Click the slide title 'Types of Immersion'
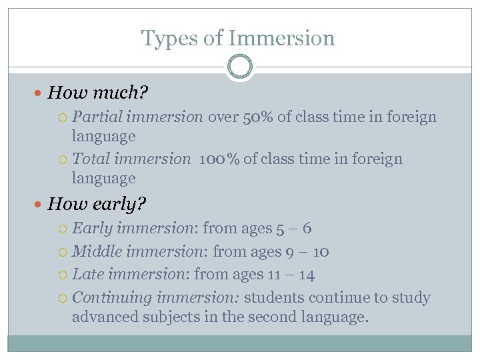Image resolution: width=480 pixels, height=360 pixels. coord(238,38)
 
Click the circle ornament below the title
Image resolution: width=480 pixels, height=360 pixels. coord(240,67)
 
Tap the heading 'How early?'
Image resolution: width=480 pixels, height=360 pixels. coord(97,203)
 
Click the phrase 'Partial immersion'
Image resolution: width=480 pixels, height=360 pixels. coord(137,117)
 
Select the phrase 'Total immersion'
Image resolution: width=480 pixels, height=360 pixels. coord(131,159)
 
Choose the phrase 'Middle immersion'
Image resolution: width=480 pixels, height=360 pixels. coord(139,252)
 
